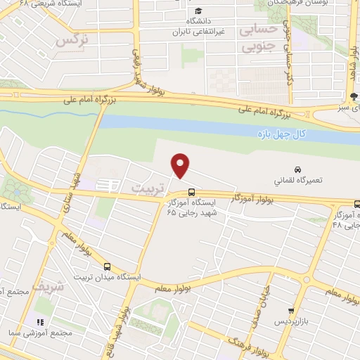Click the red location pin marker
(181, 165)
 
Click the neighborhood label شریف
(68, 287)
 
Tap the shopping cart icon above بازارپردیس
(291, 311)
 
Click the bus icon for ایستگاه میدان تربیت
(107, 266)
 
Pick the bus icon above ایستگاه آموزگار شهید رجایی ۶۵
(191, 193)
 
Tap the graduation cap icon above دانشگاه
(199, 12)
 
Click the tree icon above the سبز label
(353, 96)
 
